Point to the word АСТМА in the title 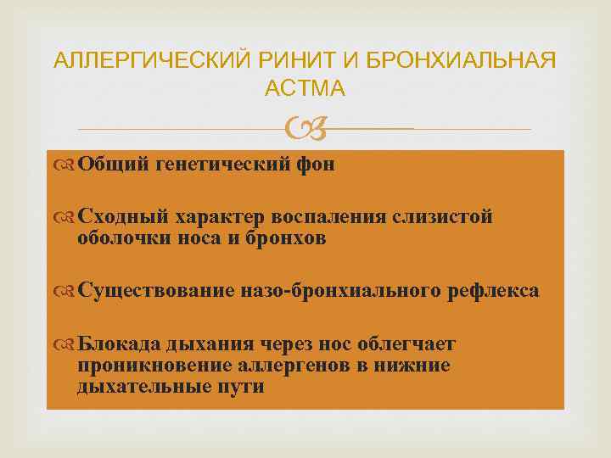click(305, 88)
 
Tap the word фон click(317, 165)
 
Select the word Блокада click(119, 343)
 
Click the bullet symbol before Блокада click(66, 344)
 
